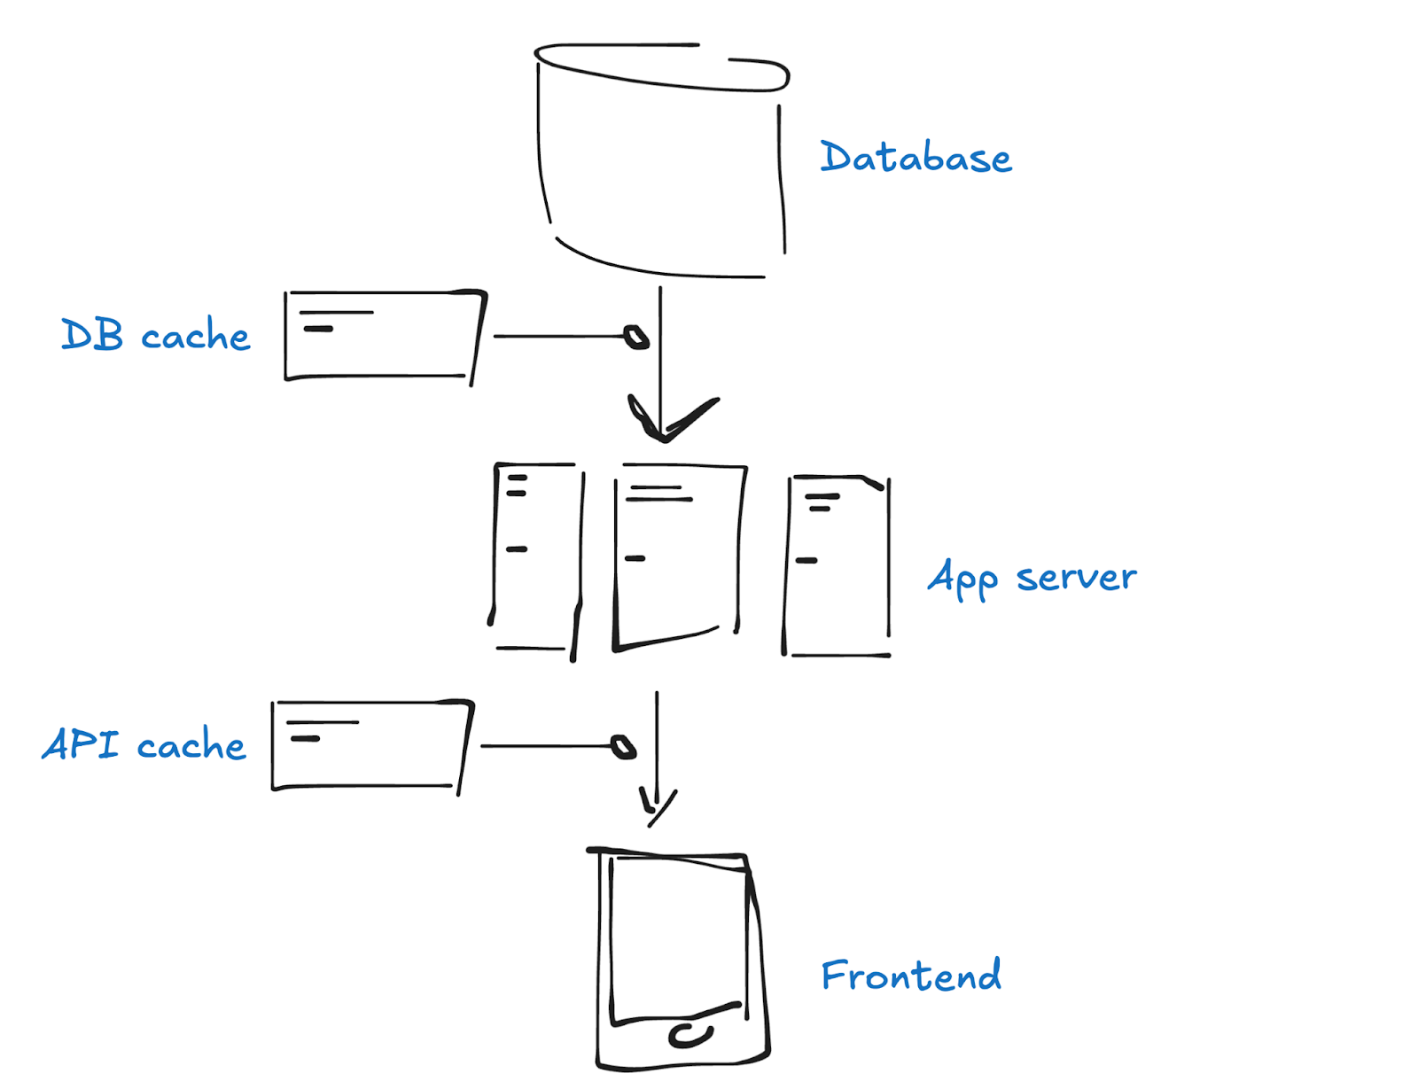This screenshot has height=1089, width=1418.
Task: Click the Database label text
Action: coord(915,157)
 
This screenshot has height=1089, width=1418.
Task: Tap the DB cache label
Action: coord(155,334)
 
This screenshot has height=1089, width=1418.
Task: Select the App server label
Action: coord(1032,578)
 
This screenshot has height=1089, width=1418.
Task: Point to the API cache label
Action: coord(144,743)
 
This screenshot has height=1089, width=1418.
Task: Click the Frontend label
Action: coord(911,975)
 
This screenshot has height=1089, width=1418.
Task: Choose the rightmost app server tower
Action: coord(888,561)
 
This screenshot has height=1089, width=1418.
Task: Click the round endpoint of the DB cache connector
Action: coord(636,337)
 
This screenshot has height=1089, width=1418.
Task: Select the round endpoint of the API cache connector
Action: coord(623,747)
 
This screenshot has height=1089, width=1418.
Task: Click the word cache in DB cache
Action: coord(196,335)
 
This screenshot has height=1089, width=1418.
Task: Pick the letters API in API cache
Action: coord(81,743)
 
